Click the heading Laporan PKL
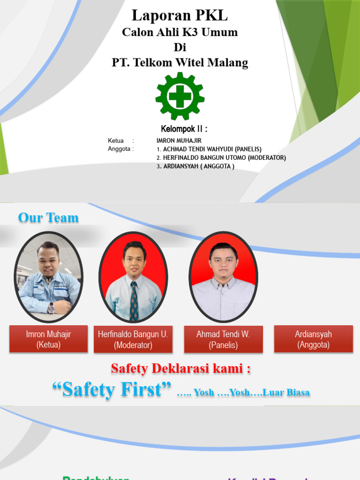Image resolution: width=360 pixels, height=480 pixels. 180,15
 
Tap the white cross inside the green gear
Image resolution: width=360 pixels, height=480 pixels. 180,97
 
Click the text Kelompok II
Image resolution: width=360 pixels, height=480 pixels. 184,129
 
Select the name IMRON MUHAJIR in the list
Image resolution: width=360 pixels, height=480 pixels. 179,141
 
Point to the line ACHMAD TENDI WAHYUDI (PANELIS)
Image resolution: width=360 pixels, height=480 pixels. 209,149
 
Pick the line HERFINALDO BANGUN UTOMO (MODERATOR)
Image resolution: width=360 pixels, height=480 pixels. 221,157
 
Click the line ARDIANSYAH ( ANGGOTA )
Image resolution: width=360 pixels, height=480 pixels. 195,166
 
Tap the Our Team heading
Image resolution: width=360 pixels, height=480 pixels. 48,217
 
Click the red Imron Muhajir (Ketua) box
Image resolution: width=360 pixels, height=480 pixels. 48,339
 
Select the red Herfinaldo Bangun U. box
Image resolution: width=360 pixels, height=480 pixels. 133,339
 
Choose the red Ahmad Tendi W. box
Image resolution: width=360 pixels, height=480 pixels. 223,339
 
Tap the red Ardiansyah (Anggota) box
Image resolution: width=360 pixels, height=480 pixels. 313,339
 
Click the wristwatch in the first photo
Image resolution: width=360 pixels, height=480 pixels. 51,308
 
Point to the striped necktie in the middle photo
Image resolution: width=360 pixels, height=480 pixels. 134,300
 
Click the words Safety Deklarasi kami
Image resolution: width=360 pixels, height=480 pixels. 180,369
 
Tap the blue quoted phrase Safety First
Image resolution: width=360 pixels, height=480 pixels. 112,390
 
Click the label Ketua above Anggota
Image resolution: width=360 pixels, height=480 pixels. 116,141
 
